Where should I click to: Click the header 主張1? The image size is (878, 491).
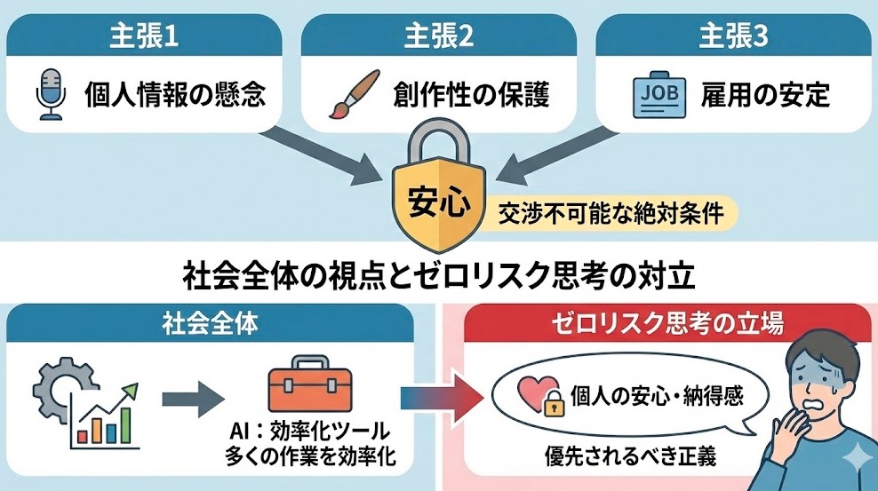(145, 37)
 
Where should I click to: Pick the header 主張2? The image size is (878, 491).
(439, 37)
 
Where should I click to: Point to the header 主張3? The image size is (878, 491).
(733, 37)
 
